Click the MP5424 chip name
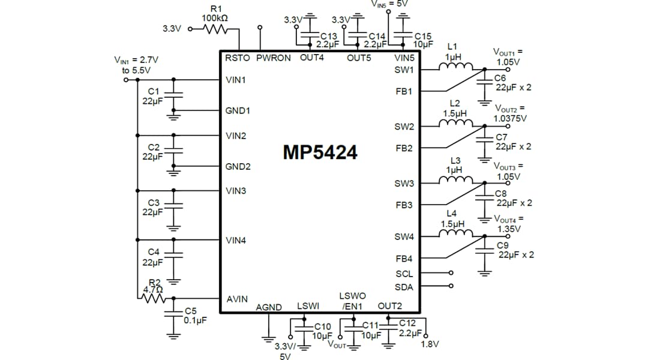pyautogui.click(x=320, y=152)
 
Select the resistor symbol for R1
pyautogui.click(x=214, y=28)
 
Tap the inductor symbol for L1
pyautogui.click(x=455, y=67)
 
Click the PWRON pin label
pyautogui.click(x=273, y=58)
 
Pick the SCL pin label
pyautogui.click(x=404, y=274)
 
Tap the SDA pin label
pyautogui.click(x=404, y=287)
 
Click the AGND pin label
pyautogui.click(x=269, y=307)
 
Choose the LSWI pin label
pyautogui.click(x=308, y=306)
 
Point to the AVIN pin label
pyautogui.click(x=236, y=299)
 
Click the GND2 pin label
pyautogui.click(x=238, y=166)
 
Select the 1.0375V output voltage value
pyautogui.click(x=510, y=118)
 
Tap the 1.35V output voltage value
pyautogui.click(x=509, y=229)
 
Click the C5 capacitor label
pyautogui.click(x=190, y=311)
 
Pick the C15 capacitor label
pyautogui.click(x=423, y=37)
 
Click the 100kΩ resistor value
pyautogui.click(x=214, y=19)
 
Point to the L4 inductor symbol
pyautogui.click(x=455, y=235)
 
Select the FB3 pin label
pyautogui.click(x=404, y=205)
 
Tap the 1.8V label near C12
pyautogui.click(x=430, y=344)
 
